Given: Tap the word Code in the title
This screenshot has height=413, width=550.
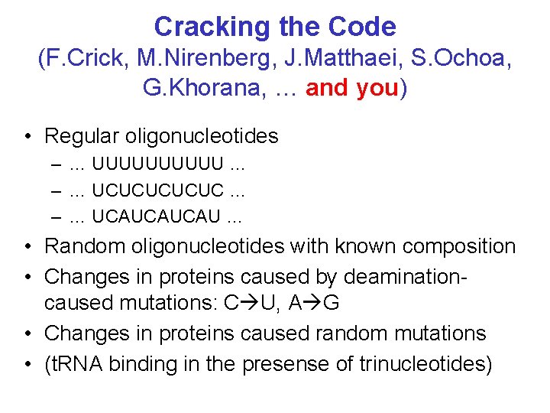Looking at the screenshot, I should point(364,27).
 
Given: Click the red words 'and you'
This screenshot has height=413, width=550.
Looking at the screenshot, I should point(352,87).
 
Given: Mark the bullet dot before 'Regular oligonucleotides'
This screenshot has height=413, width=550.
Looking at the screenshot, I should point(27,137).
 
